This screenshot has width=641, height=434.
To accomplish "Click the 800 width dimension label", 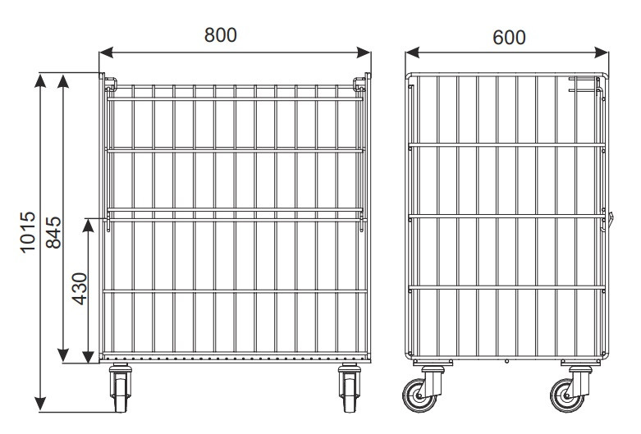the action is [x=220, y=35].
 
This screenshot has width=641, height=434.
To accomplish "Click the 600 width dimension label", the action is [x=509, y=38].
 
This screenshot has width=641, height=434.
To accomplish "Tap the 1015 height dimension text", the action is [x=28, y=232].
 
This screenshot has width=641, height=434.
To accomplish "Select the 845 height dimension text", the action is [x=53, y=232].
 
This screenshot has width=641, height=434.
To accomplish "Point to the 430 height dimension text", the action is [x=80, y=289].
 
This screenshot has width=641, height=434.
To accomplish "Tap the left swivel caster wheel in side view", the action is [x=419, y=395].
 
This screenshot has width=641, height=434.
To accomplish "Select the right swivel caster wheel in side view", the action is [x=566, y=395].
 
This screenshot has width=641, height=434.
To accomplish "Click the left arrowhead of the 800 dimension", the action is [x=107, y=53].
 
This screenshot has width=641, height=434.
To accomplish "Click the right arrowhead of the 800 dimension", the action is [x=364, y=53].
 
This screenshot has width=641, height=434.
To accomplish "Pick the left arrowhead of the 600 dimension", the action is [x=413, y=53].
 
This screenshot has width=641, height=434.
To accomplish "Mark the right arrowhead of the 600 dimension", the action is [x=602, y=53].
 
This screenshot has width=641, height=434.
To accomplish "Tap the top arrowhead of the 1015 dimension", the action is [x=40, y=81].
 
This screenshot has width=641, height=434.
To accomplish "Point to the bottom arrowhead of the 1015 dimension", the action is [x=40, y=404].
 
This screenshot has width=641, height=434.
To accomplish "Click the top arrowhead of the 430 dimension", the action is [x=89, y=226].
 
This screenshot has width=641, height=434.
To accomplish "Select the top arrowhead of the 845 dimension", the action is [x=63, y=81].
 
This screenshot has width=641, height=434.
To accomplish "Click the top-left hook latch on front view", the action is [x=110, y=84].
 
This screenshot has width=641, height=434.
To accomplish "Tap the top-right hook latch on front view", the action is [x=359, y=84].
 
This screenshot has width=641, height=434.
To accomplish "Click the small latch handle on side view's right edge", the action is [x=611, y=220].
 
